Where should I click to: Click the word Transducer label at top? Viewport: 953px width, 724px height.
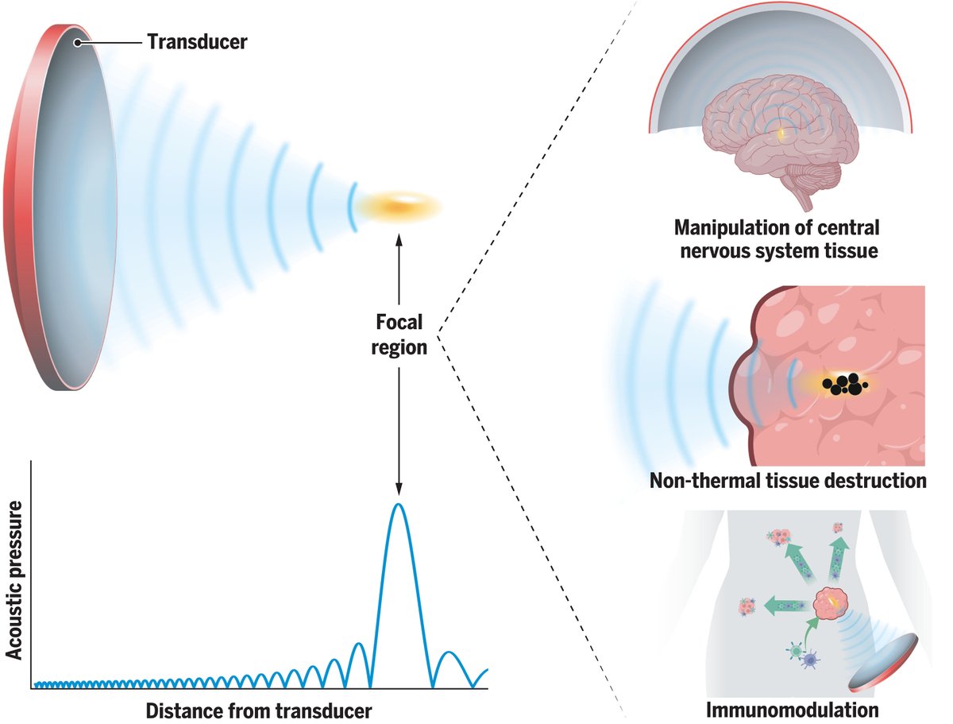pyautogui.click(x=197, y=42)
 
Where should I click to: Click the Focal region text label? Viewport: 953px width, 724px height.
pyautogui.click(x=399, y=335)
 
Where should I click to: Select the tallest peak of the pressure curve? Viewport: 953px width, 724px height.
pyautogui.click(x=399, y=506)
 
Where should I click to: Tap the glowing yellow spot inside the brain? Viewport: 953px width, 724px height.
pyautogui.click(x=781, y=133)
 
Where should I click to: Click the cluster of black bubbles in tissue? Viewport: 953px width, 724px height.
pyautogui.click(x=843, y=385)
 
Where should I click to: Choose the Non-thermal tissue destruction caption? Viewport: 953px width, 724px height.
pyautogui.click(x=788, y=481)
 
